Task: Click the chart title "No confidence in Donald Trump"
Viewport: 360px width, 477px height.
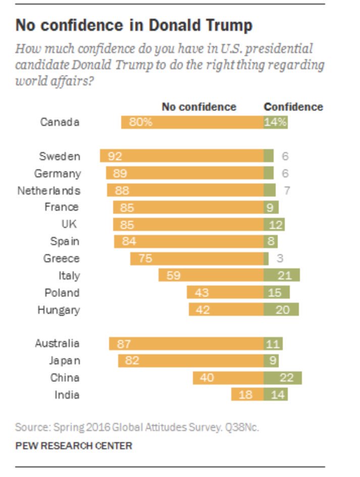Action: (134, 25)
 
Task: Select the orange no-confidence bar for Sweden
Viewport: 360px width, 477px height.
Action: (182, 156)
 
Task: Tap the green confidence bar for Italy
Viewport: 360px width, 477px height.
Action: (282, 275)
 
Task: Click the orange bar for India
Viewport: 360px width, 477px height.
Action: (247, 395)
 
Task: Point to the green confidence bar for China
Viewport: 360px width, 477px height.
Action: (283, 378)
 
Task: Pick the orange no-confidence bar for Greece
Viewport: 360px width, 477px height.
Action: (197, 259)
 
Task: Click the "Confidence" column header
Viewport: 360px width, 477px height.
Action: (293, 107)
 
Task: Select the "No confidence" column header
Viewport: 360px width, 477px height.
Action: (199, 107)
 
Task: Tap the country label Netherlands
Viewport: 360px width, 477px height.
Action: (49, 190)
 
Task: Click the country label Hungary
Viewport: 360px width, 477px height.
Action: (59, 310)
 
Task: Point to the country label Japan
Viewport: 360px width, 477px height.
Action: (64, 361)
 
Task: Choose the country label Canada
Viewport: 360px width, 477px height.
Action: (60, 122)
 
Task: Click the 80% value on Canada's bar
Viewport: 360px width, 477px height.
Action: (141, 122)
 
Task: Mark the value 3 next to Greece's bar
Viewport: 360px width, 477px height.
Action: (280, 259)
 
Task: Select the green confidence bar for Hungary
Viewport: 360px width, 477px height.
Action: (281, 310)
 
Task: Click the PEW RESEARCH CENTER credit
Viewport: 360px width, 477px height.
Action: (74, 446)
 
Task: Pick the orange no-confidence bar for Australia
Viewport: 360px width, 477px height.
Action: (186, 344)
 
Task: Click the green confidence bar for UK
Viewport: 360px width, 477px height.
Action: (274, 224)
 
